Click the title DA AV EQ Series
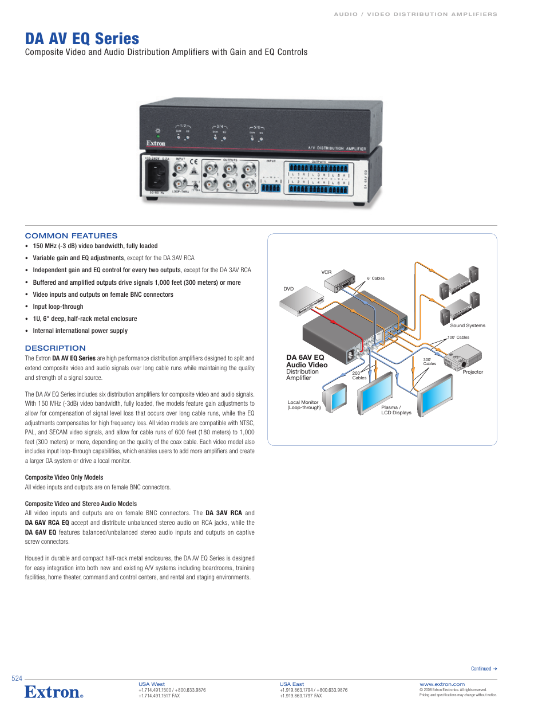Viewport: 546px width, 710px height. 82,39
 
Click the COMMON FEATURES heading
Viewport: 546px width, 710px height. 71,236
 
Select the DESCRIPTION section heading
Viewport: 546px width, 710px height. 55,348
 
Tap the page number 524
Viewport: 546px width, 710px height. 17,678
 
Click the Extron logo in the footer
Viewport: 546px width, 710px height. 53,692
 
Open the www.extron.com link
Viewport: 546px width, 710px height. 442,684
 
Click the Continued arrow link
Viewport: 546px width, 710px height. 484,669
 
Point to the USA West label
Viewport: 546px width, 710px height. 151,684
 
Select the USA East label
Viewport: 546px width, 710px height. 291,684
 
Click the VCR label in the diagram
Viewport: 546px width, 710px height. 326,272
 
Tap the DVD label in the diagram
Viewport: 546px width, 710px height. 288,289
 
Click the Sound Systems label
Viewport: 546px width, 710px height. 467,325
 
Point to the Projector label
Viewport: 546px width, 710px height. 473,372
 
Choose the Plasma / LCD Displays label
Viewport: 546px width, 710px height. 396,410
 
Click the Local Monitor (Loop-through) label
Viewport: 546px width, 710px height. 304,405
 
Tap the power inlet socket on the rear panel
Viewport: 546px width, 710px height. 157,175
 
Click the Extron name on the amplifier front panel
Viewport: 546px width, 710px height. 156,143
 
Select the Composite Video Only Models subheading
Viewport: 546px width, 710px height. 64,477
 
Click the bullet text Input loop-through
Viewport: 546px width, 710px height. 58,307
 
